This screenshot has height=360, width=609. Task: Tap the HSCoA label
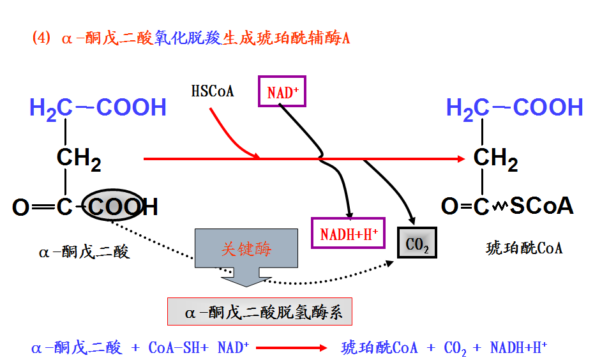click(213, 91)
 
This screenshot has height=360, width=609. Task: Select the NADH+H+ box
click(349, 234)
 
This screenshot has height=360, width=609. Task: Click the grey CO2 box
click(417, 243)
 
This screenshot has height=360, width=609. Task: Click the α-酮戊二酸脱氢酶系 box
click(260, 313)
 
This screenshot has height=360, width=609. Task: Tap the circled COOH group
click(122, 207)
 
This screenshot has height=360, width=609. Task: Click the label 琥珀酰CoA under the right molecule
click(524, 248)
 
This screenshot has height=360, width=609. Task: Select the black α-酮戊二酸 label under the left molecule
click(84, 252)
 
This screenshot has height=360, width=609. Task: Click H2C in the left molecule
click(50, 109)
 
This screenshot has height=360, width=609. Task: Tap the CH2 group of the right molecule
click(495, 158)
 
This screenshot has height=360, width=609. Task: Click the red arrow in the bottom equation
click(290, 349)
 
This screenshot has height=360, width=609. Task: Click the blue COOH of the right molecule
click(548, 108)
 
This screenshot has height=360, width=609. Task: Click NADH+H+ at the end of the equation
click(518, 348)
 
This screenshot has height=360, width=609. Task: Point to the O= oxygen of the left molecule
click(21, 207)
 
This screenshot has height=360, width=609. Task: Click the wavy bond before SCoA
click(500, 206)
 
